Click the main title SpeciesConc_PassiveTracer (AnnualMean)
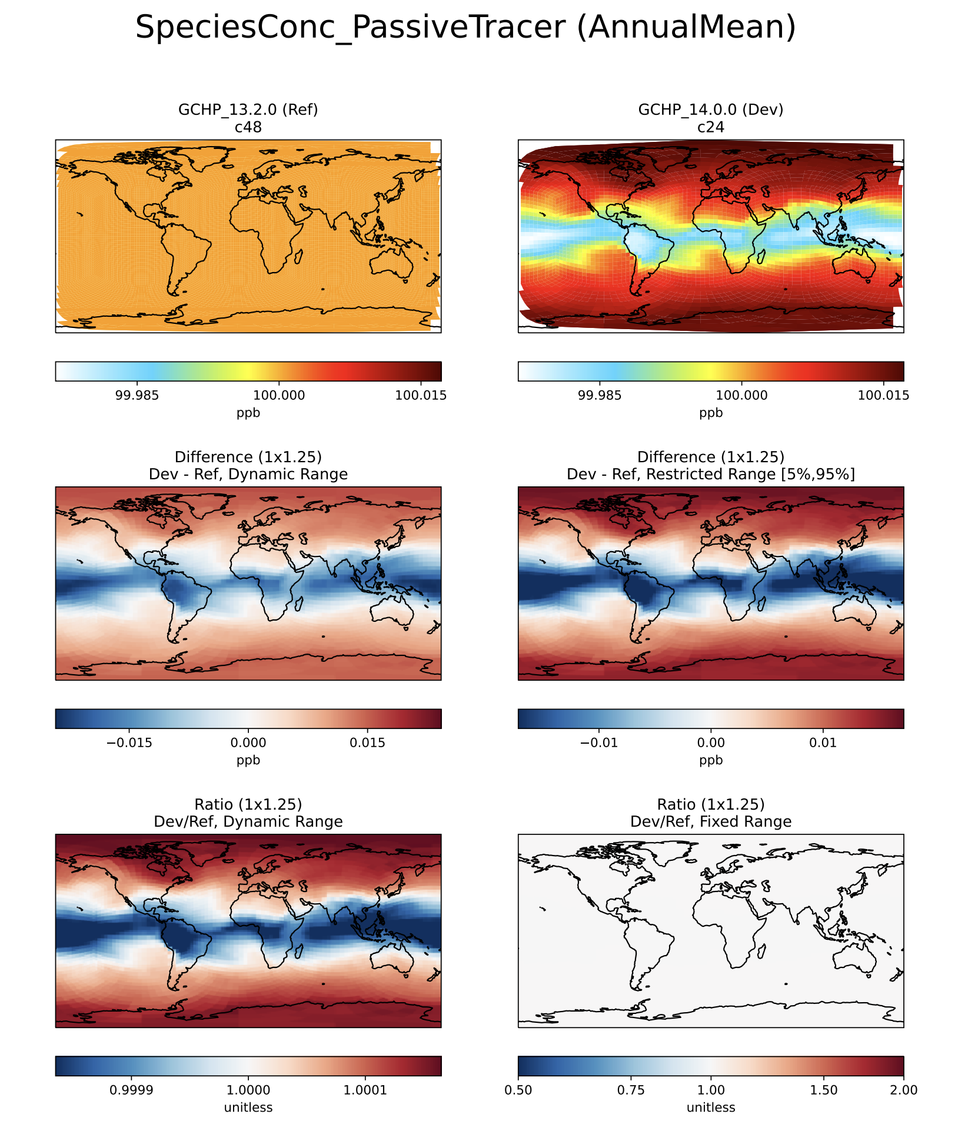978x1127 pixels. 465,28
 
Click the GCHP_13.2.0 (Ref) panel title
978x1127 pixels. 248,110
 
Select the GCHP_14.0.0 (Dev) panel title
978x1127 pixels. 711,110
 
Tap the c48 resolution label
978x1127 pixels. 248,127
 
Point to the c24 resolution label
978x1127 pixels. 711,127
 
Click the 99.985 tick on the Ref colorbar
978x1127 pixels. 137,395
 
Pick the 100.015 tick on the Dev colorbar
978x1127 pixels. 883,395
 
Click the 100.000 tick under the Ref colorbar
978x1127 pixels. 278,395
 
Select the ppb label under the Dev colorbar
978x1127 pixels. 711,413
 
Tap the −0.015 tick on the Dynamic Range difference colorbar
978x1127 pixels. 129,743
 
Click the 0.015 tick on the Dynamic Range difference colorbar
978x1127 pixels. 367,743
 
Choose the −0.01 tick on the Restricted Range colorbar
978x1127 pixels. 599,743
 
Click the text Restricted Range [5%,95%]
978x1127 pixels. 750,475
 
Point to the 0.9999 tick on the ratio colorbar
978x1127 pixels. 132,1090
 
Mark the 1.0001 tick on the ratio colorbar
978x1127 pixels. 365,1090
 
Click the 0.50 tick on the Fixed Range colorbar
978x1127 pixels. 518,1090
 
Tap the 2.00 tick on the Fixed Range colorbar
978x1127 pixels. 904,1090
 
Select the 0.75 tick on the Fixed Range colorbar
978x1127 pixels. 631,1090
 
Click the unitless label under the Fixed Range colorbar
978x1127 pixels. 711,1108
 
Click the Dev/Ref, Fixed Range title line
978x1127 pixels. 711,821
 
